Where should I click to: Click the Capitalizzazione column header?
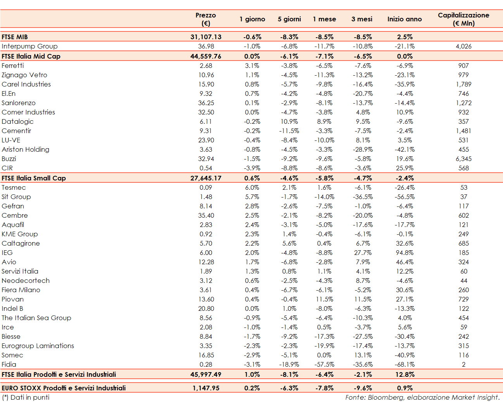click(463, 19)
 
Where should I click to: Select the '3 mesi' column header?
click(362, 19)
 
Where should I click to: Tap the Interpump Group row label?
click(29, 46)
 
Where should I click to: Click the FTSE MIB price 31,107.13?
click(206, 37)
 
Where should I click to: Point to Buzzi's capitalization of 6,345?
click(463, 159)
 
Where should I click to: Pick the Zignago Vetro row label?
click(24, 75)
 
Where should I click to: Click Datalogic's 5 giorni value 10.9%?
click(289, 121)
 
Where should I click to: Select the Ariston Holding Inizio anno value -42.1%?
click(404, 149)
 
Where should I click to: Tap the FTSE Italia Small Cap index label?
click(34, 178)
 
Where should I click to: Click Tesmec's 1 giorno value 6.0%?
click(252, 187)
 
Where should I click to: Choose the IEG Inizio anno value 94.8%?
click(404, 253)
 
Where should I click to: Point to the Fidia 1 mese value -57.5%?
click(324, 364)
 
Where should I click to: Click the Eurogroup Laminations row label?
click(38, 346)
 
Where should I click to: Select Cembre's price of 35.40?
click(206, 215)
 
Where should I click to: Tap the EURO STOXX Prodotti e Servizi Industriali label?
click(64, 388)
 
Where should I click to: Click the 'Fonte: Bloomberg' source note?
click(422, 397)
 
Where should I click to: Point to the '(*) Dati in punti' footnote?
click(26, 397)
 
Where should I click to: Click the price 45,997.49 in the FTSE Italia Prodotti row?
click(206, 374)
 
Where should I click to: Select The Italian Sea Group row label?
click(36, 318)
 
